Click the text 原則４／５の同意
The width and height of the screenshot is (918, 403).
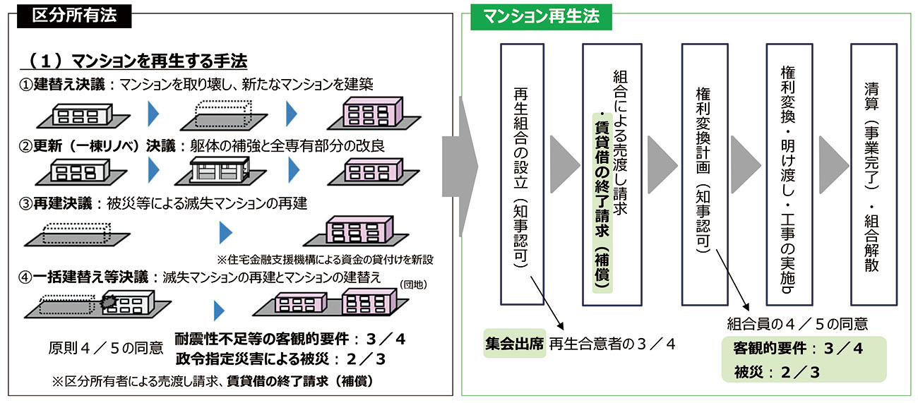[106, 348]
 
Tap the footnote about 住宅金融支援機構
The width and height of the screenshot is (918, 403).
[324, 259]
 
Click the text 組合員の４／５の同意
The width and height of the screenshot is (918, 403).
[797, 325]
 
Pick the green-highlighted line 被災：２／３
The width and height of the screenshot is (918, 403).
[776, 372]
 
